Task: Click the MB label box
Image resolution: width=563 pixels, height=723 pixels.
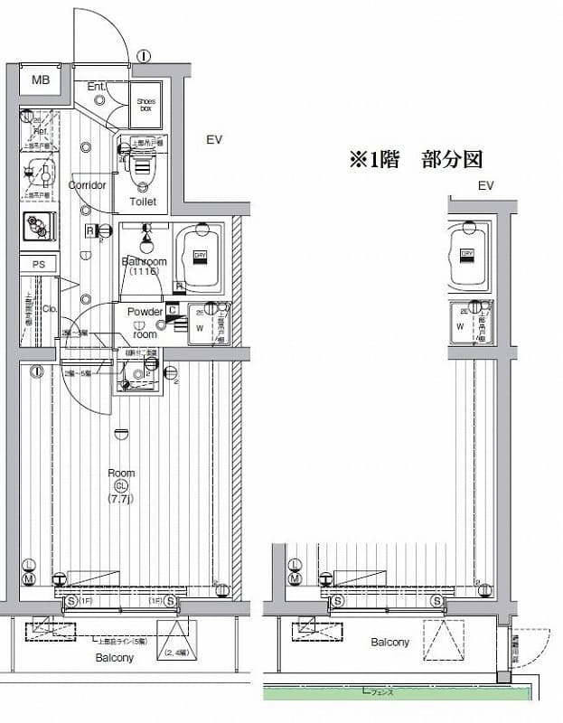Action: click(40, 80)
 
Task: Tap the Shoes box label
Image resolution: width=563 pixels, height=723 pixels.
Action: click(145, 103)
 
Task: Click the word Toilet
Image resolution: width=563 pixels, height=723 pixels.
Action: click(143, 202)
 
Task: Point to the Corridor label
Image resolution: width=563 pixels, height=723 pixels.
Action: click(87, 185)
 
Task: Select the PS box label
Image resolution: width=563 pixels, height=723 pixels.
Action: click(38, 264)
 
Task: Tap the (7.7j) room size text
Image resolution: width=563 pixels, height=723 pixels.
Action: click(120, 498)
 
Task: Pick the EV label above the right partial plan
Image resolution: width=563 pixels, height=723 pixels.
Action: click(486, 186)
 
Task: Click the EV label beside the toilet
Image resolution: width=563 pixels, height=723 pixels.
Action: click(213, 139)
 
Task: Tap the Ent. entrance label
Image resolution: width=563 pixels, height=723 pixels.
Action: click(97, 87)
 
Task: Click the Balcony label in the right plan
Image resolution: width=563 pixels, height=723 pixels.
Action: click(389, 643)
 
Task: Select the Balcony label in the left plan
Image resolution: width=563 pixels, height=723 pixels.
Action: click(115, 658)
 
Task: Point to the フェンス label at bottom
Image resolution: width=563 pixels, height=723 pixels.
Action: click(380, 691)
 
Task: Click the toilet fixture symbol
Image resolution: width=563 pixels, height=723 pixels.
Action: click(142, 167)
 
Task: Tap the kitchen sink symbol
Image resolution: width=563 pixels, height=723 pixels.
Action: click(39, 225)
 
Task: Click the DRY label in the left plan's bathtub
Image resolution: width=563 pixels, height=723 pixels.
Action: click(200, 255)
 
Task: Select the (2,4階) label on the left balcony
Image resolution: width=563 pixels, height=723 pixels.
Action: click(176, 653)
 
